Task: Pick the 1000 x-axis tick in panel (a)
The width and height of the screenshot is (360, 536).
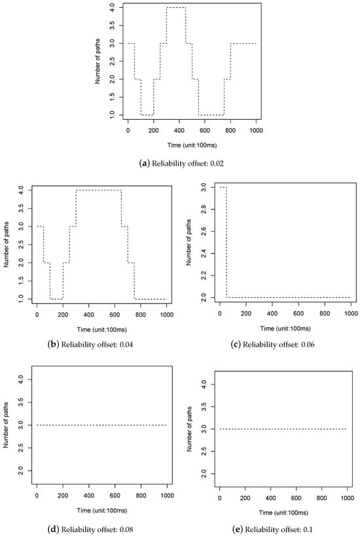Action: coord(257,131)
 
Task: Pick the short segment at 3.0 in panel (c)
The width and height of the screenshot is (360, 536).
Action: coord(223,187)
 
